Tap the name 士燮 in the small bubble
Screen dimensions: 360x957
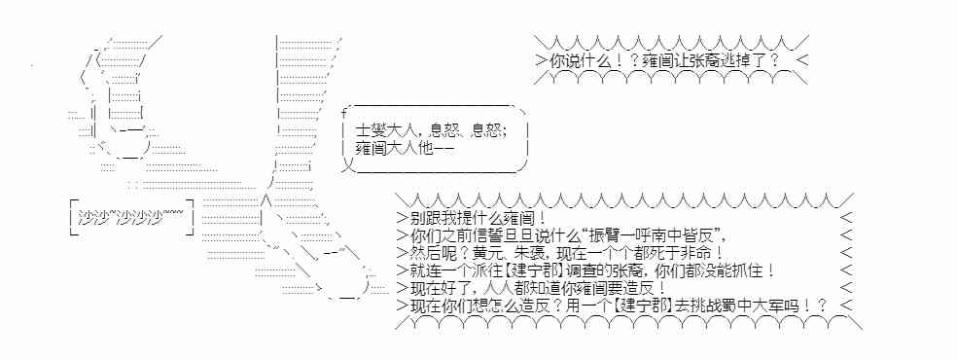[x=369, y=128]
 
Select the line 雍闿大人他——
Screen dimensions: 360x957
[x=406, y=149]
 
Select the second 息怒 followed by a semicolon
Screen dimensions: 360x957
[x=488, y=128]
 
